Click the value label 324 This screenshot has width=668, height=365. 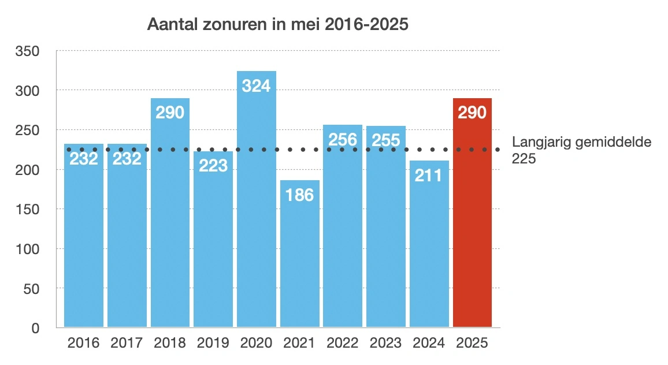[257, 85]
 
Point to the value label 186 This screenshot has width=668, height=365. [300, 195]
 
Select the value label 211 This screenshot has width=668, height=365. [429, 174]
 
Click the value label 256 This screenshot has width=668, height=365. [343, 139]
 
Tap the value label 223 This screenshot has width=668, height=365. [213, 166]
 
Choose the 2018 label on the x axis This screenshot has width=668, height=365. [170, 342]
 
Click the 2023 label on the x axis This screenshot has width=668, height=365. [386, 342]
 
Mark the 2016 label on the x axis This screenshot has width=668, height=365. [84, 342]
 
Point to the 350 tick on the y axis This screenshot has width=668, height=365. [29, 51]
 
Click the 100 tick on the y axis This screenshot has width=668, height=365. [29, 249]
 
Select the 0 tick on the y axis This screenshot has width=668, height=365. [35, 328]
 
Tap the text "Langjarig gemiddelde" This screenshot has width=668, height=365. [581, 143]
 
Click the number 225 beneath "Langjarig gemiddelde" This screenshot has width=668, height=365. [524, 159]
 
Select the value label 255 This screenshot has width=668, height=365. [386, 140]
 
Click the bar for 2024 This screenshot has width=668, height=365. [429, 254]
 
